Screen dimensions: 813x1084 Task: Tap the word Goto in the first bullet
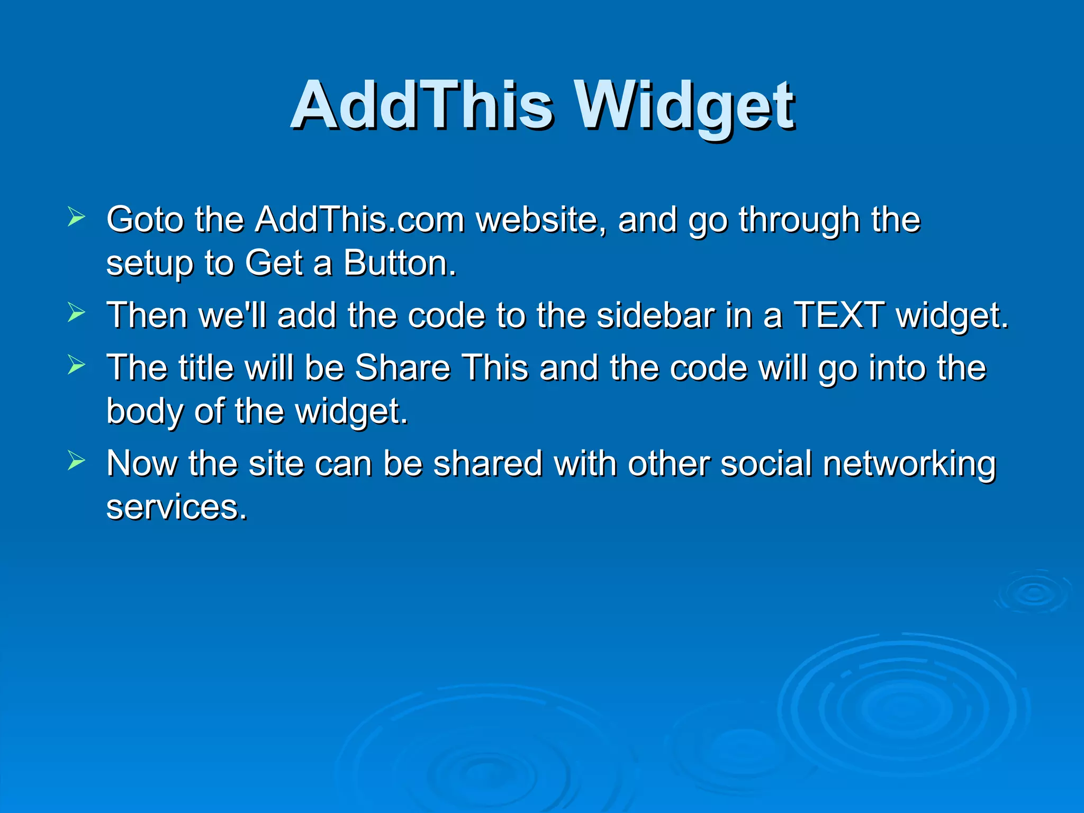[144, 220]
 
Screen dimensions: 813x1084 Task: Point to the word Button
[400, 263]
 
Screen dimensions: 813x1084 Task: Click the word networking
[909, 464]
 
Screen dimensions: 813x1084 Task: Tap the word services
[177, 507]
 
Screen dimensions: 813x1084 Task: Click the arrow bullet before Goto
[76, 217]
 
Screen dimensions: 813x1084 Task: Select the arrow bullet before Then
[76, 313]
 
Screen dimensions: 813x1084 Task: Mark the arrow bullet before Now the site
[76, 461]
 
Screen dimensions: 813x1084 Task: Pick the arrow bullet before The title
[76, 365]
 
